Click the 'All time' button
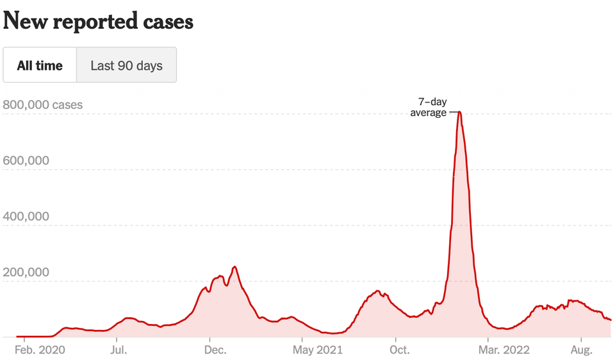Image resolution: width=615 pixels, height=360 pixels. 40,65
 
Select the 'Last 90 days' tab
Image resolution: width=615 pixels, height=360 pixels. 126,65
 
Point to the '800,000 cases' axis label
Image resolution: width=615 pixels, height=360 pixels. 43,104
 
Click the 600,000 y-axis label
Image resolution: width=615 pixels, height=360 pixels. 26,160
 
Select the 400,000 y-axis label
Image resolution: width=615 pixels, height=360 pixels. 26,216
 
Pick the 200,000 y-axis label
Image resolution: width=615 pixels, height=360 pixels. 26,272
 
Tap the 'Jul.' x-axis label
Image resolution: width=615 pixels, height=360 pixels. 119,350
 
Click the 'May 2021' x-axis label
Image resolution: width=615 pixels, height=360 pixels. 317,350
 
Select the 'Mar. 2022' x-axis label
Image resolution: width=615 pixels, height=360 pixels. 504,350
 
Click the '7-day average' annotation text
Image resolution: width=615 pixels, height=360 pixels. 429,107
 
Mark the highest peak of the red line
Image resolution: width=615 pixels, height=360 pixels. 460,113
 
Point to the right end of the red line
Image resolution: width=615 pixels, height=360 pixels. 611,320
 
